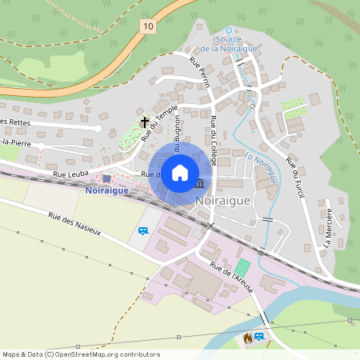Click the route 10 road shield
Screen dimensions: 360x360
click(x=148, y=27)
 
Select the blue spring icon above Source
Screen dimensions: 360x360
click(x=228, y=30)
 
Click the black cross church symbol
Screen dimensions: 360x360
click(x=145, y=122)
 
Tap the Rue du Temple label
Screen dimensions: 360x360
click(x=159, y=127)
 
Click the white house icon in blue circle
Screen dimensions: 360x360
click(x=180, y=171)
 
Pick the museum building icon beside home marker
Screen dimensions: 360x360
click(x=198, y=185)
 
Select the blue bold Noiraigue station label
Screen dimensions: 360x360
click(x=107, y=190)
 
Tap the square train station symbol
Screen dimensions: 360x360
click(x=107, y=178)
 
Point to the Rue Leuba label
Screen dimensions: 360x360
click(x=70, y=173)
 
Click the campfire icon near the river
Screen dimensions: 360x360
click(x=248, y=339)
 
